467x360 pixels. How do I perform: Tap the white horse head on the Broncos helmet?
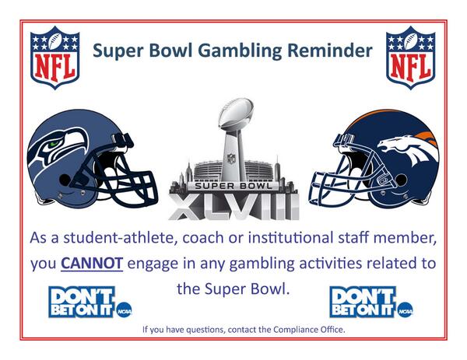click(408, 148)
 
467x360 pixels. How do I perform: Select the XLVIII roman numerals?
click(233, 205)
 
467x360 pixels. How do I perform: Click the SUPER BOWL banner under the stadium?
click(233, 187)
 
